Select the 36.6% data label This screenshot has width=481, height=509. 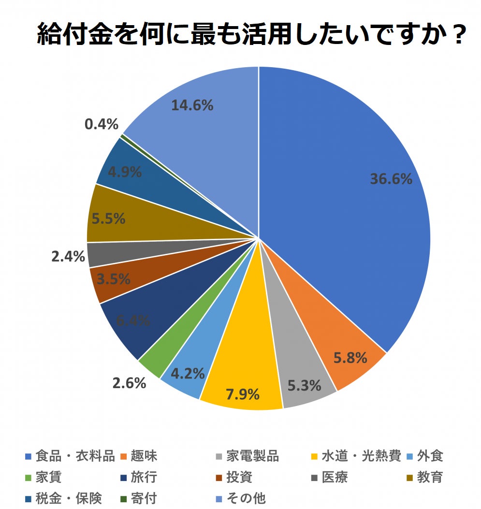[x=391, y=179]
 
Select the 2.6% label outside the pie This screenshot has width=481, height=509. [x=129, y=383]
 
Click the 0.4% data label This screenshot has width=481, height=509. [x=102, y=124]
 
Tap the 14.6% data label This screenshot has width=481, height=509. [x=192, y=105]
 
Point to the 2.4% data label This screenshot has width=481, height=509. [x=68, y=256]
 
